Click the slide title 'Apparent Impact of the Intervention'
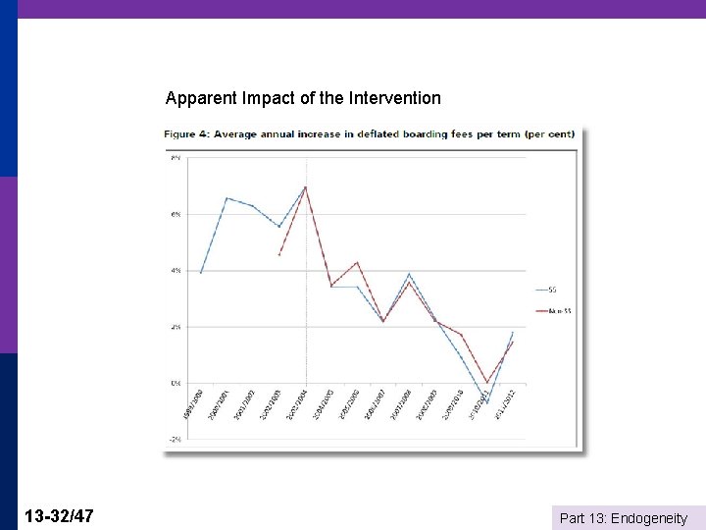coord(303,98)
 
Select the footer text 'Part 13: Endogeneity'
coord(623,517)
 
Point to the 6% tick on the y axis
coord(176,214)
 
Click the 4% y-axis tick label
coord(176,270)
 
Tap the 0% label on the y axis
coord(176,383)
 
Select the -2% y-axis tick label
coord(175,439)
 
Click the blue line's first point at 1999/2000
coord(200,273)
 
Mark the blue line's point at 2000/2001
coord(227,198)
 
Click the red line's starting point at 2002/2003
coord(279,255)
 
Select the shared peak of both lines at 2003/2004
coord(305,186)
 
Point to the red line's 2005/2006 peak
coord(357,262)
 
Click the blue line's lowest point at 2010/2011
coord(486,403)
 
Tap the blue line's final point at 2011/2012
coord(513,332)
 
